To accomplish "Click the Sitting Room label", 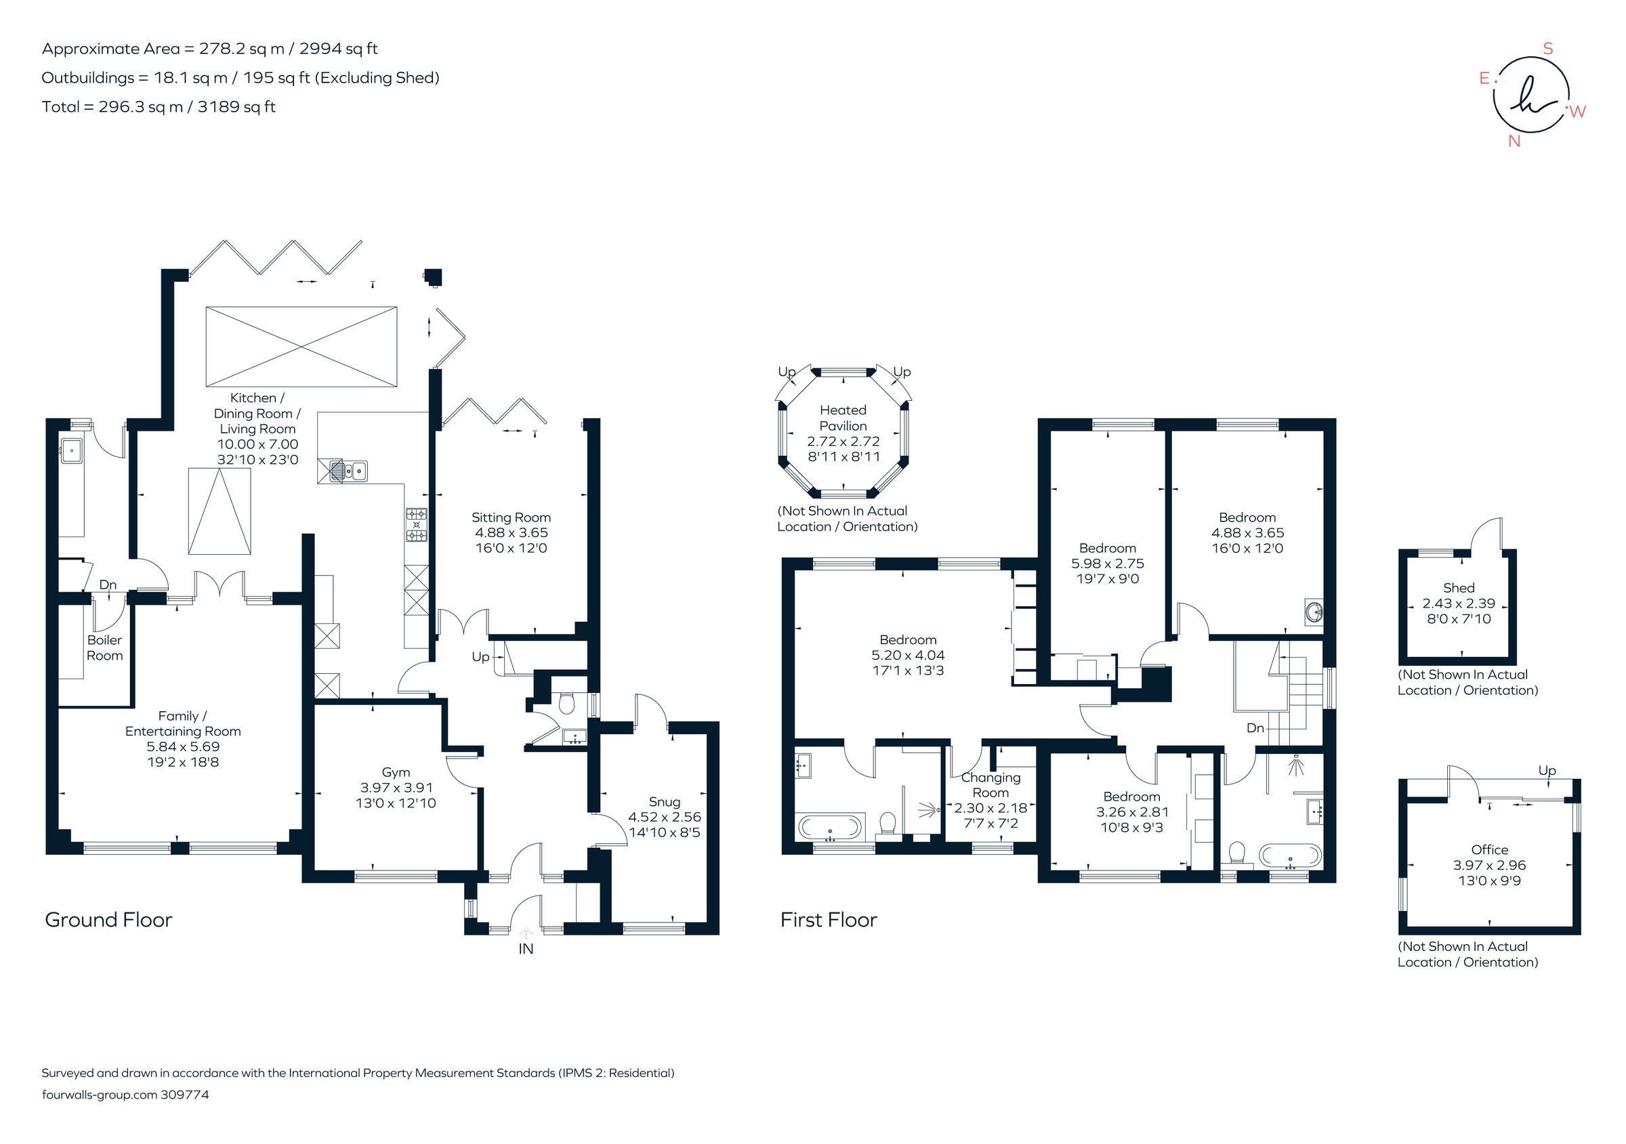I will [511, 517].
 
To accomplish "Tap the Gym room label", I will [395, 772].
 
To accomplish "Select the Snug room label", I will [663, 801].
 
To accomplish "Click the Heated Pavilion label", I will [843, 418].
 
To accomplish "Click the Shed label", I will [1458, 587].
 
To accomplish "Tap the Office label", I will [1489, 849].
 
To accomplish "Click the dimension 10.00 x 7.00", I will [257, 444].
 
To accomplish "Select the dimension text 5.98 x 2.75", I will [1107, 564].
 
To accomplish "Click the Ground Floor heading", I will [108, 920].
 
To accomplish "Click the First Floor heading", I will [828, 920].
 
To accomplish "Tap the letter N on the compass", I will [1514, 141].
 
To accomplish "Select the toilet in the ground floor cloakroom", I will [566, 703].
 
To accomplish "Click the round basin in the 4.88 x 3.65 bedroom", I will [1314, 612].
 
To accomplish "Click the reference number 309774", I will [185, 1095].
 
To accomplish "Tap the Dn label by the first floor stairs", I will [1255, 727].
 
